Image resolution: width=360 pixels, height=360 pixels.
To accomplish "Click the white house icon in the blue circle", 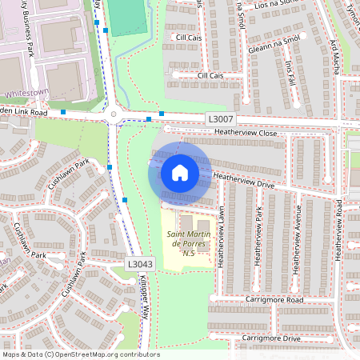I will [180, 173].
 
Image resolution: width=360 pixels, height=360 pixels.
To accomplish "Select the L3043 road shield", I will [140, 262].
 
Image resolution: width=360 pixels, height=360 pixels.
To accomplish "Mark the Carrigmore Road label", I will [274, 300].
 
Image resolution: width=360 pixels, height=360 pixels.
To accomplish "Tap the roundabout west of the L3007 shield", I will [114, 114].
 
